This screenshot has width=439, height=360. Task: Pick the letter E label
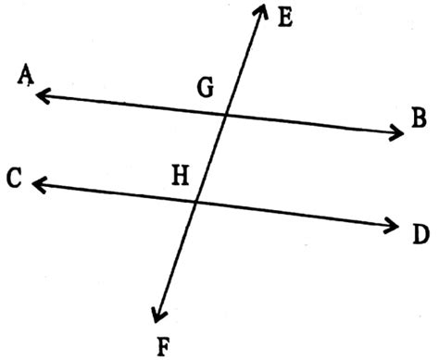tap(284, 16)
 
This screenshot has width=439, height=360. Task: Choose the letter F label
tap(165, 346)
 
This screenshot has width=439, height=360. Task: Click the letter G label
tap(205, 89)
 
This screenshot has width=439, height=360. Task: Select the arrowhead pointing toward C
tap(37, 185)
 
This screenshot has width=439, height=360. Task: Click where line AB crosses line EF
tap(225, 115)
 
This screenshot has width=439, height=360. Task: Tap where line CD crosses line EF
tap(197, 202)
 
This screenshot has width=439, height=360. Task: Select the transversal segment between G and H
tap(211, 158)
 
